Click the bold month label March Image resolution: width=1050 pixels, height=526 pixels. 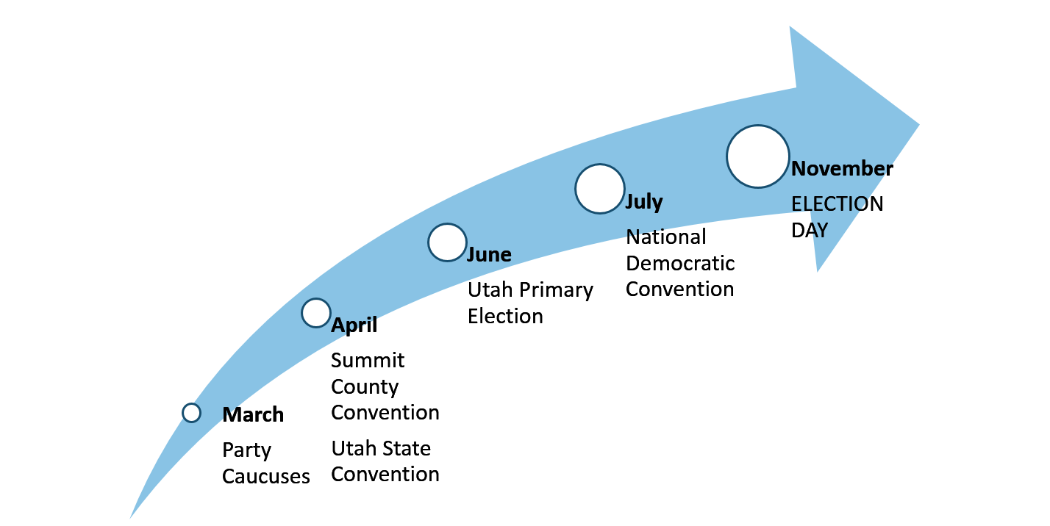click(x=253, y=414)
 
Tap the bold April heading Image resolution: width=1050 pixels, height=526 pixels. click(x=354, y=325)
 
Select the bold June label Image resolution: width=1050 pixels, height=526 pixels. click(x=490, y=254)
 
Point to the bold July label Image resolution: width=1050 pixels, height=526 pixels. click(x=644, y=202)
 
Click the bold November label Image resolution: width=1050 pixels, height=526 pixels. click(x=842, y=169)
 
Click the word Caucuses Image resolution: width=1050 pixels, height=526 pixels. click(x=265, y=476)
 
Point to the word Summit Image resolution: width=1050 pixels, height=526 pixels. click(x=368, y=360)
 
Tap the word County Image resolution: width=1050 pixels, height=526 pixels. click(x=365, y=387)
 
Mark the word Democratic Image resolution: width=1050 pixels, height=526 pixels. click(x=680, y=263)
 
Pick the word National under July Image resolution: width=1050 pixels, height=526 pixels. click(x=666, y=237)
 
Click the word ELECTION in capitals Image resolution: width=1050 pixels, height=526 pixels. click(x=838, y=203)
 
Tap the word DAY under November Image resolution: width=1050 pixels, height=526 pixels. click(x=810, y=231)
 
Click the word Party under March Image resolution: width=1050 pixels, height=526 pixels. click(x=246, y=450)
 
